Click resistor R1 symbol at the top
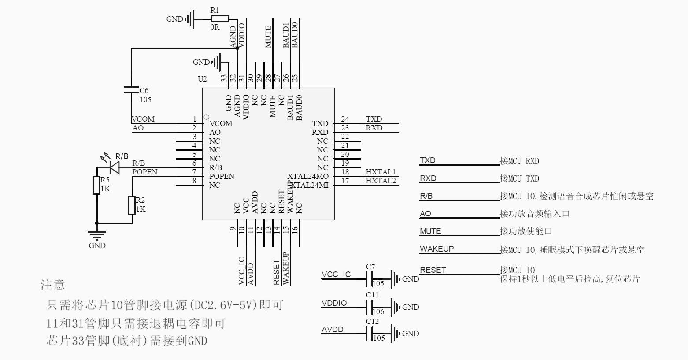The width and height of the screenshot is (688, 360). click(x=220, y=19)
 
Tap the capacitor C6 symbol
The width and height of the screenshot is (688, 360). click(x=131, y=90)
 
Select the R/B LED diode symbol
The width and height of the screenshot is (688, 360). click(x=115, y=167)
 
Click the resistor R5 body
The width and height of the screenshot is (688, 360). click(x=97, y=185)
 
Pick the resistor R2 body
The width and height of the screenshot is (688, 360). click(x=132, y=206)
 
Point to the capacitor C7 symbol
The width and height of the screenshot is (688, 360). click(x=370, y=279)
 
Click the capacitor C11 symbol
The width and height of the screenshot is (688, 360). click(x=370, y=307)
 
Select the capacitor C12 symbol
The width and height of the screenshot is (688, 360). click(x=370, y=334)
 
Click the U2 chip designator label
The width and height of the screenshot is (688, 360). click(x=202, y=79)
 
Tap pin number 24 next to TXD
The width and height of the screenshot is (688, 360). click(x=345, y=119)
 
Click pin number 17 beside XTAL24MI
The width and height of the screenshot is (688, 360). click(x=345, y=181)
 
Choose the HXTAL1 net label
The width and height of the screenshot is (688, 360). click(x=381, y=172)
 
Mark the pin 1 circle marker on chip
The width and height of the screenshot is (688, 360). click(x=206, y=117)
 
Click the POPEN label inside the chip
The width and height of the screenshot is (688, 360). click(x=222, y=176)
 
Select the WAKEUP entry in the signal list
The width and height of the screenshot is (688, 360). click(x=436, y=249)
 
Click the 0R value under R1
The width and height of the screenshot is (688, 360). click(x=215, y=27)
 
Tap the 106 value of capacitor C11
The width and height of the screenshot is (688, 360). click(x=378, y=312)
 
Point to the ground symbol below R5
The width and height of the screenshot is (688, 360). click(x=97, y=235)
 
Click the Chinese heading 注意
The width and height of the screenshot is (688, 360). click(x=53, y=285)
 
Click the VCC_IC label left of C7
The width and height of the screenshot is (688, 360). click(x=336, y=275)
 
